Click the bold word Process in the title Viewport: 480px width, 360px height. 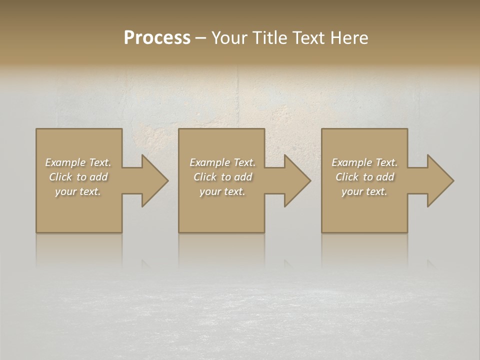(x=157, y=38)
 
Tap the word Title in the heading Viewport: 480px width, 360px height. (x=269, y=38)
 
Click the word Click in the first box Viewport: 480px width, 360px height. (x=60, y=177)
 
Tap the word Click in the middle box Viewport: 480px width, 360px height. (x=205, y=177)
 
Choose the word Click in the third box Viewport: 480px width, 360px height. (x=347, y=177)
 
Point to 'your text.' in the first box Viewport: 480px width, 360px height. (x=78, y=191)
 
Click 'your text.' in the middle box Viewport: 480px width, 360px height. (x=222, y=191)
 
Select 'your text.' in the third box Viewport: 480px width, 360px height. (x=364, y=191)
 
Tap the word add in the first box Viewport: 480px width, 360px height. (x=99, y=177)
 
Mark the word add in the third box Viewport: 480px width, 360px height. (x=385, y=177)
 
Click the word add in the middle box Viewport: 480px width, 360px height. (x=243, y=177)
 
